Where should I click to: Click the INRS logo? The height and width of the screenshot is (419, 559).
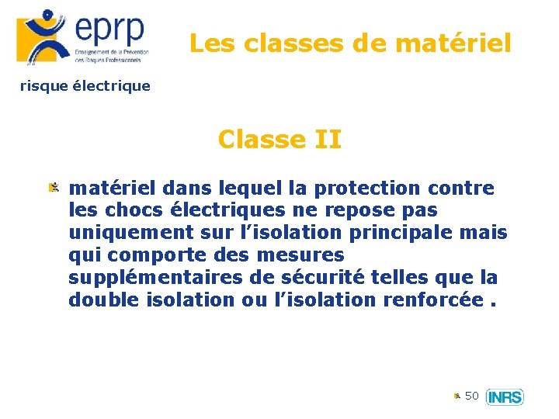505,397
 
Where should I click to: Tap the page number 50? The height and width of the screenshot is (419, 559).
472,396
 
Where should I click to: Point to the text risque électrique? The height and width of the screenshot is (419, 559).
85,86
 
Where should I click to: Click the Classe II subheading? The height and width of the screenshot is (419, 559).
279,140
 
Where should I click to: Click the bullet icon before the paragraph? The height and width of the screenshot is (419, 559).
54,188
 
